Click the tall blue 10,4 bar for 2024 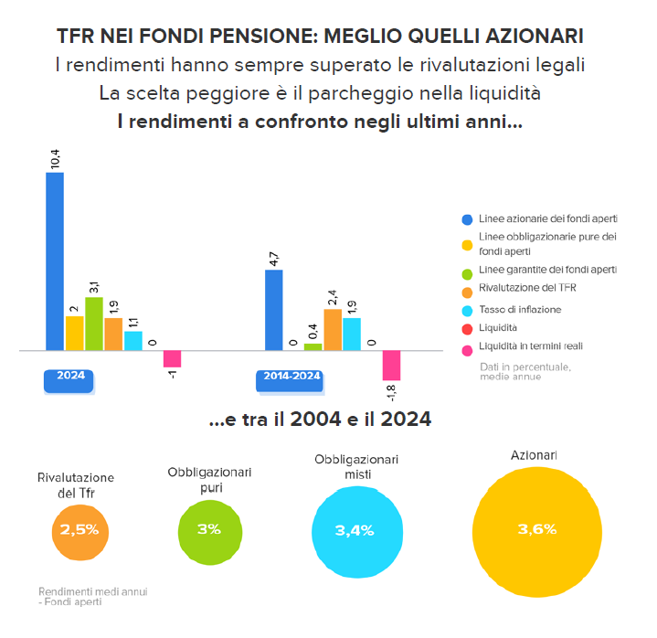click(55, 261)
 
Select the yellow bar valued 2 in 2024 click(74, 334)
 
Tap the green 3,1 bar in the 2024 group click(94, 324)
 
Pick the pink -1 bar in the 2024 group click(172, 358)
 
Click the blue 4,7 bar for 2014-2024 click(273, 310)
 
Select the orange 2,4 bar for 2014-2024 click(333, 330)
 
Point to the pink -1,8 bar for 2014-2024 click(391, 365)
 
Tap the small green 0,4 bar click(313, 346)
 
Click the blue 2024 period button click(69, 377)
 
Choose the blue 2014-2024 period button click(289, 377)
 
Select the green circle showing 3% click(208, 529)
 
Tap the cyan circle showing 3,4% click(355, 531)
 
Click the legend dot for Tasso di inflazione click(467, 310)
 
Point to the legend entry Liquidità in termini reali click(530, 346)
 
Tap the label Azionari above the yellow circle click(535, 455)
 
